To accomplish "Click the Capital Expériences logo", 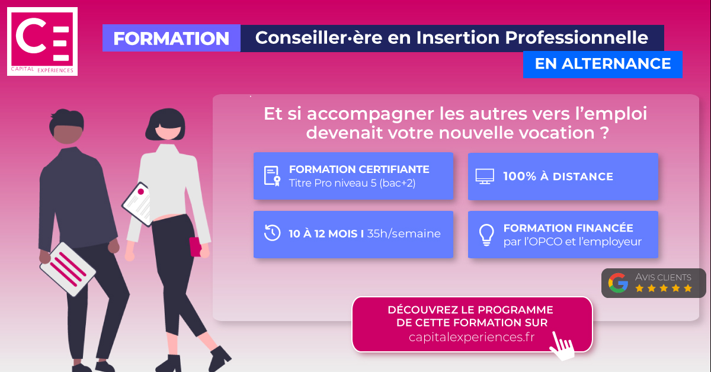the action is point(42,41).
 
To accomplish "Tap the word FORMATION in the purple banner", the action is point(171,39).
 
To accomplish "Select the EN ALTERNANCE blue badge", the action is point(603,64).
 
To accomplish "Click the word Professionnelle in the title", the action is point(577,37).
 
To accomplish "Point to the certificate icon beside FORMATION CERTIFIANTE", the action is point(273,176).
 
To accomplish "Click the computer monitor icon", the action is point(485,177).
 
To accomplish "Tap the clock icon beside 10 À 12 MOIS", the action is point(273,233).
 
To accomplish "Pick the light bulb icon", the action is point(486,235).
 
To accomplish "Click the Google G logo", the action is point(618,283).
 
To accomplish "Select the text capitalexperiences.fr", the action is point(472,337).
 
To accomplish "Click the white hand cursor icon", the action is point(562,347).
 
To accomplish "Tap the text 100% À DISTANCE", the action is point(558,177).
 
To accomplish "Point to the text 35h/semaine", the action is point(403,233).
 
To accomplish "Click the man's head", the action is point(66,126).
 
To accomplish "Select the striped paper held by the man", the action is point(68,269).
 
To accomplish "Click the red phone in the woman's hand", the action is point(195,246).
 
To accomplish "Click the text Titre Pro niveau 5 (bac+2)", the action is point(352,183).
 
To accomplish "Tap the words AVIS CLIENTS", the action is point(663,277).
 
